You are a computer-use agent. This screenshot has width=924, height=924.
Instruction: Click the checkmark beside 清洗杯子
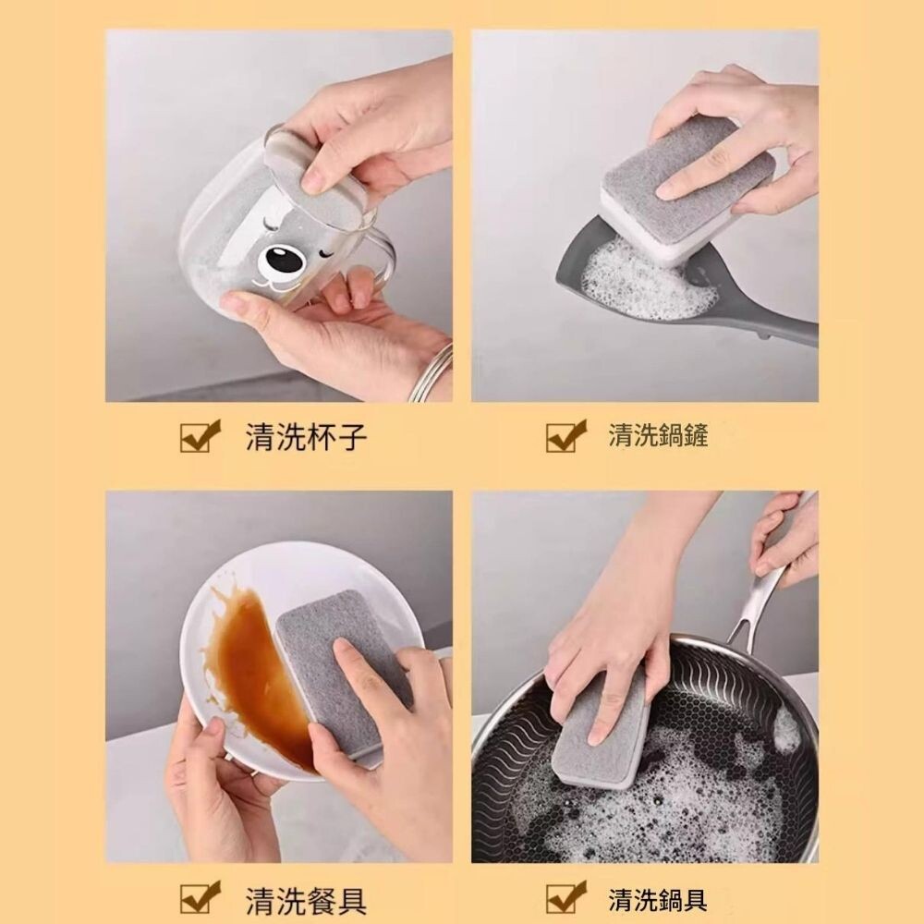click(200, 436)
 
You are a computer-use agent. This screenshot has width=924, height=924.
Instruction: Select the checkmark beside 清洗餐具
click(200, 897)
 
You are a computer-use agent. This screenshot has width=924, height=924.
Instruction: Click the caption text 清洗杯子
click(307, 437)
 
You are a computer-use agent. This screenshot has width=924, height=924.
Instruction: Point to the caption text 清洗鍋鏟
click(658, 435)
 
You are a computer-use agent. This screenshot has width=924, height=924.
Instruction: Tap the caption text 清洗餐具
click(307, 900)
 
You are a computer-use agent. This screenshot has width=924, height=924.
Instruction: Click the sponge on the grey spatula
click(688, 188)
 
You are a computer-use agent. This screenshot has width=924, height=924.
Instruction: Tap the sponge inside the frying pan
click(602, 734)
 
